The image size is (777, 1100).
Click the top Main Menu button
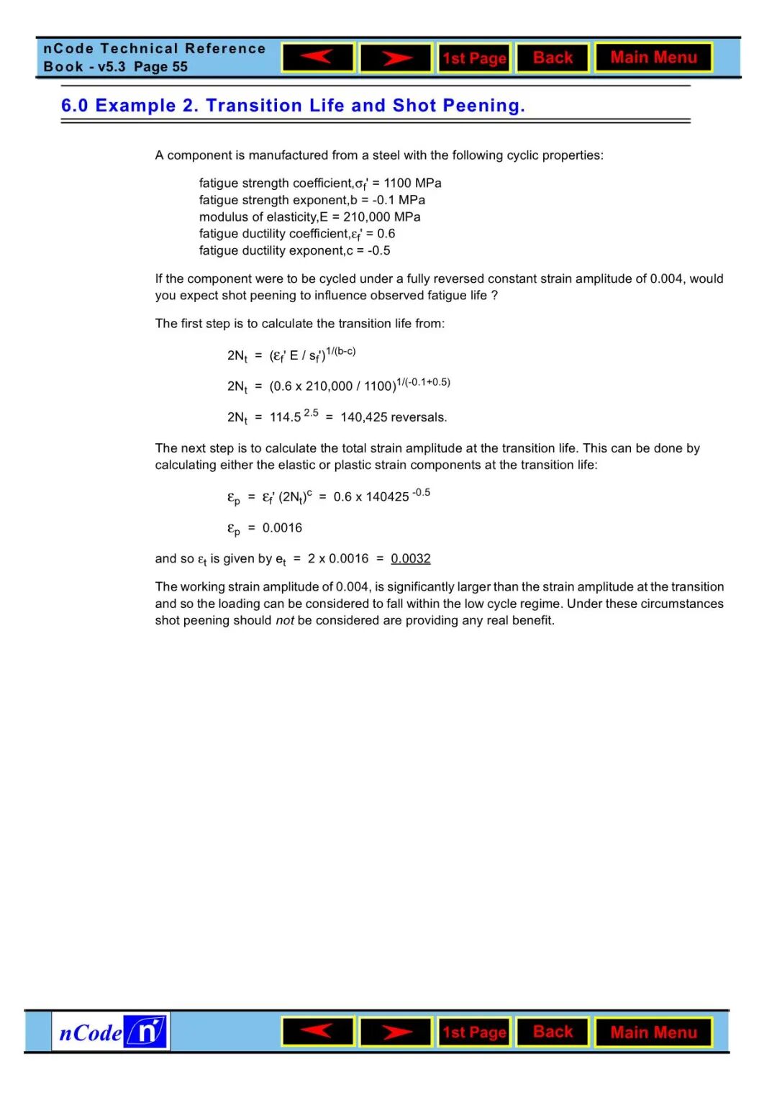click(653, 58)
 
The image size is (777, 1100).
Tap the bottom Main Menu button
click(653, 1032)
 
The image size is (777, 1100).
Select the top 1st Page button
click(474, 58)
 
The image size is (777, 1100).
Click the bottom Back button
click(553, 1032)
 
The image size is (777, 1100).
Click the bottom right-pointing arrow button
click(396, 1032)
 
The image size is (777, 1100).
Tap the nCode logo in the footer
click(111, 1032)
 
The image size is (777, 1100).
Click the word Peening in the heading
click(482, 106)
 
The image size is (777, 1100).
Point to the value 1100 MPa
click(412, 183)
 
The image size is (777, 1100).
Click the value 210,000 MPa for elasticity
click(381, 217)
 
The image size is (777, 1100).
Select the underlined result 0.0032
click(410, 558)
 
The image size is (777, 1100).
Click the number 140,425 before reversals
click(364, 417)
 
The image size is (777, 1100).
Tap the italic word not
click(284, 620)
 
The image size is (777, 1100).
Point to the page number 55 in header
click(180, 67)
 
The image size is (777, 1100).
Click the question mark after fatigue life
click(494, 296)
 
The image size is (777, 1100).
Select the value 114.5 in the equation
click(285, 417)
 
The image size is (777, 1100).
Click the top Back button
click(553, 58)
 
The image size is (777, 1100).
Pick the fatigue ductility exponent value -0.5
click(378, 250)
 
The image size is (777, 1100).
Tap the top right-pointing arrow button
click(396, 58)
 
